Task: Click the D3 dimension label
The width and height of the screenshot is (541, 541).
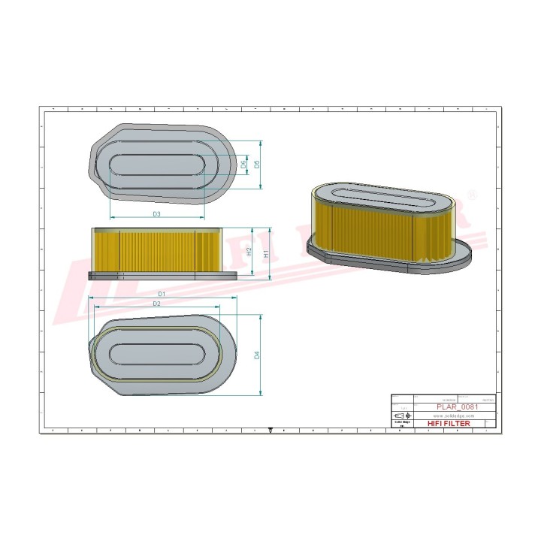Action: click(x=156, y=214)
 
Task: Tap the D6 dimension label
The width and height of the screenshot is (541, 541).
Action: click(x=243, y=164)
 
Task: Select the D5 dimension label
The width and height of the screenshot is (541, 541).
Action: click(x=256, y=164)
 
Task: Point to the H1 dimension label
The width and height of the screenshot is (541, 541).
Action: click(x=267, y=254)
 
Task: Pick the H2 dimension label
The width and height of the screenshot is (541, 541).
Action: click(x=249, y=252)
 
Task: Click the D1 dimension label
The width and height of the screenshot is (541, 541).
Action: click(x=161, y=293)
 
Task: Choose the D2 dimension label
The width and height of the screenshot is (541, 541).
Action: click(x=156, y=304)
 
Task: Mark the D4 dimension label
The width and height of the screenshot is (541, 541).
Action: click(x=257, y=354)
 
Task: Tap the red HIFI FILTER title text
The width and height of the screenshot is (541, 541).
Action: click(x=449, y=424)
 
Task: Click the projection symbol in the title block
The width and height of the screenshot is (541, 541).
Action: click(x=402, y=416)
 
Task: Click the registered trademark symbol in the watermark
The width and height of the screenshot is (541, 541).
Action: click(x=472, y=195)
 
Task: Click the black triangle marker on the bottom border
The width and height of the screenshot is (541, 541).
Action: click(x=270, y=431)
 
